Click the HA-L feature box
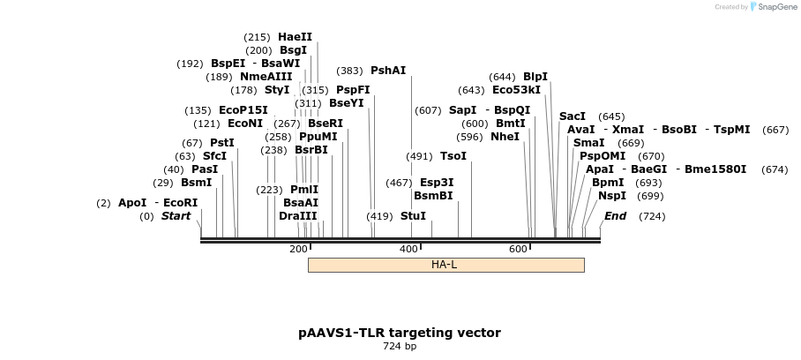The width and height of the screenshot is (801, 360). pyautogui.click(x=445, y=265)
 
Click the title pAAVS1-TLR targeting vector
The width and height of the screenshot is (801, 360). pyautogui.click(x=400, y=333)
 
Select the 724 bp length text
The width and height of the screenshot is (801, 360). pyautogui.click(x=400, y=347)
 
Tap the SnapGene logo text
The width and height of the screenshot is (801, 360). pyautogui.click(x=774, y=7)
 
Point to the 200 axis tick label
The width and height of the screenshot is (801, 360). pyautogui.click(x=297, y=250)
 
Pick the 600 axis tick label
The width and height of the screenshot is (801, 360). pyautogui.click(x=518, y=250)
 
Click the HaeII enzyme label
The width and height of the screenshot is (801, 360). pyautogui.click(x=295, y=37)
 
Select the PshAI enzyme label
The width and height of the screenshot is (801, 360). pyautogui.click(x=388, y=71)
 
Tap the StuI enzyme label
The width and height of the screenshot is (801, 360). pyautogui.click(x=413, y=216)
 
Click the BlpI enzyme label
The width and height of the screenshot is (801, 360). pyautogui.click(x=535, y=77)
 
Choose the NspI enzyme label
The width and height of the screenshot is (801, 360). pyautogui.click(x=612, y=196)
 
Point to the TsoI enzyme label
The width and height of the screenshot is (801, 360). pyautogui.click(x=453, y=156)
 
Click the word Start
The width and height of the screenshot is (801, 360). pyautogui.click(x=176, y=216)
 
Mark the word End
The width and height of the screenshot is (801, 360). pyautogui.click(x=615, y=216)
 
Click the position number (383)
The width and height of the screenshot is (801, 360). pyautogui.click(x=350, y=71)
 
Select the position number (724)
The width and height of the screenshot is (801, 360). pyautogui.click(x=652, y=216)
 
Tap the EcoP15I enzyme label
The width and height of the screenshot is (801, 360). pyautogui.click(x=243, y=110)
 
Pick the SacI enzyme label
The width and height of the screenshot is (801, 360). pyautogui.click(x=573, y=116)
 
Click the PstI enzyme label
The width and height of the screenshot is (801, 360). pyautogui.click(x=221, y=143)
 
